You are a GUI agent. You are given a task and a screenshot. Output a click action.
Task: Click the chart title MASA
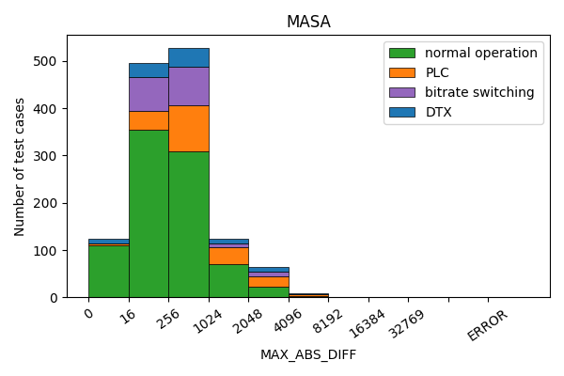coord(308,22)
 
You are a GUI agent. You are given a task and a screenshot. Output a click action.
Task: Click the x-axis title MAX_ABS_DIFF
coord(308,354)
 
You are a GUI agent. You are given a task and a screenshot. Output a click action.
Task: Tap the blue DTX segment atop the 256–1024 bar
coord(188,57)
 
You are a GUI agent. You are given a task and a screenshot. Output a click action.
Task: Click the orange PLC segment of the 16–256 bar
coord(149,120)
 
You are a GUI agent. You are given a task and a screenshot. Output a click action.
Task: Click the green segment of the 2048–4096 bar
coord(268,292)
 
